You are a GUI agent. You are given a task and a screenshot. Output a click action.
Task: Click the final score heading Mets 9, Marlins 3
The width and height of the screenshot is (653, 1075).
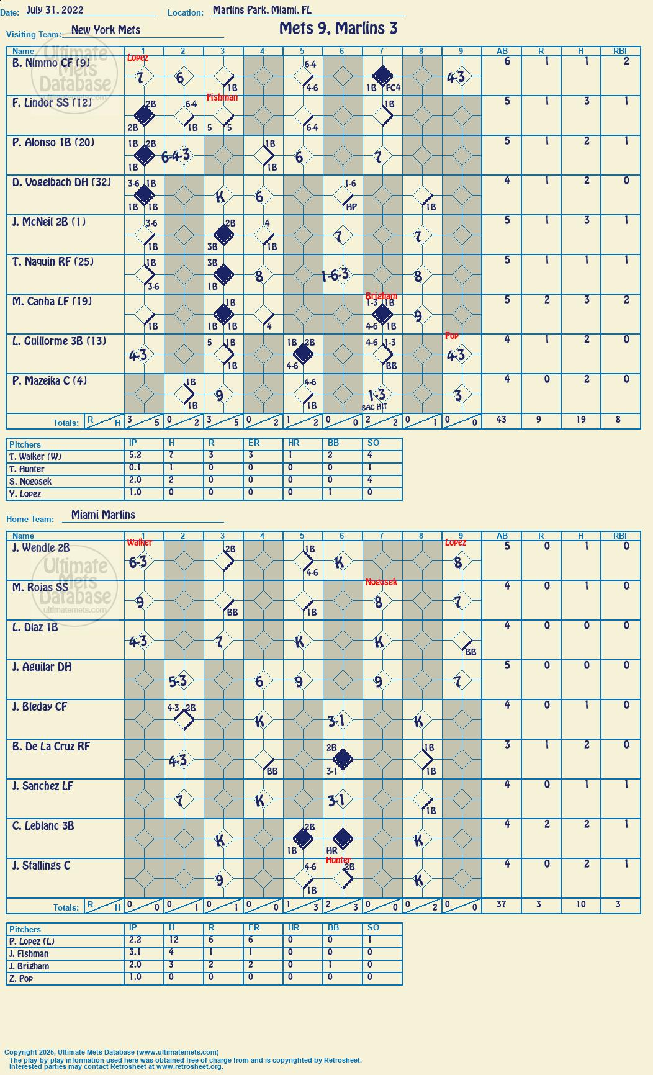click(338, 29)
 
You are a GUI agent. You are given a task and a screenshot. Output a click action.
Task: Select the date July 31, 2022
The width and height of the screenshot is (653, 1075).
click(55, 10)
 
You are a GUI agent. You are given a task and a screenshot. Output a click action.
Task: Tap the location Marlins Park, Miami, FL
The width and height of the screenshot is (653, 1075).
click(262, 10)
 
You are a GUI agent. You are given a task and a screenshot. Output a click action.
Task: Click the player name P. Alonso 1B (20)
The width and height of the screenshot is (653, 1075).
click(53, 143)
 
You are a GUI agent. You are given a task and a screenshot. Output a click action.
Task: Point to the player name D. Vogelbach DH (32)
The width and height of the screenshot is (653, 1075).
click(61, 182)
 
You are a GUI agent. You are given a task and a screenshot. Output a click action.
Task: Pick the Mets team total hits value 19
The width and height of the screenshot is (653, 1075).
click(580, 420)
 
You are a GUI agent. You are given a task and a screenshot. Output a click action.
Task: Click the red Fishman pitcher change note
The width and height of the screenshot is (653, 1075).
click(222, 97)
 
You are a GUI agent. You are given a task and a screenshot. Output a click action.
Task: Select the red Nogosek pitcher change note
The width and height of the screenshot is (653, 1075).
click(381, 582)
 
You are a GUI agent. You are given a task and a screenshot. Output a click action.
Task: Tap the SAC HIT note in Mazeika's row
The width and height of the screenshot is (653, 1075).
click(374, 407)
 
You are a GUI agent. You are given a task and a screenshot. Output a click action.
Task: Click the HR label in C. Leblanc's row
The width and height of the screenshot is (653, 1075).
click(331, 851)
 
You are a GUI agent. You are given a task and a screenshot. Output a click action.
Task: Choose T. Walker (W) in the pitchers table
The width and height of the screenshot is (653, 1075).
click(35, 457)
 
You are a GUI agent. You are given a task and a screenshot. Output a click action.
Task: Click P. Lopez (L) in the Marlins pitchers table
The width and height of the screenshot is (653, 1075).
click(32, 942)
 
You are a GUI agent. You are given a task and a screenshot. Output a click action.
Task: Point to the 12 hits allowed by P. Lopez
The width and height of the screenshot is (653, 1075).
click(174, 940)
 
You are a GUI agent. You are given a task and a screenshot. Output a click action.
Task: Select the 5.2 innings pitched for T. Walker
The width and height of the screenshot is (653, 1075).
click(135, 456)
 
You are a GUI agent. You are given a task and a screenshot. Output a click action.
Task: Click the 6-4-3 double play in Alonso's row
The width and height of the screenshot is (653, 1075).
click(176, 156)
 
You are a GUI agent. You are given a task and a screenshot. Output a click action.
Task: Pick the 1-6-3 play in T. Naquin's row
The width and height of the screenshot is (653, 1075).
click(335, 275)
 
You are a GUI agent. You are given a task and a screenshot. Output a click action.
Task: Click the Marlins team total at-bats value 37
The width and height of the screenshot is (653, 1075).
click(501, 904)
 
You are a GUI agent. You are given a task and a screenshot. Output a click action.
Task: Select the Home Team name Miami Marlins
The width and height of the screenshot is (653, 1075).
click(103, 515)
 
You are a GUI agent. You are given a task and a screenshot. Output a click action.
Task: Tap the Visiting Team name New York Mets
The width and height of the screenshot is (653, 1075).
click(106, 30)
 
